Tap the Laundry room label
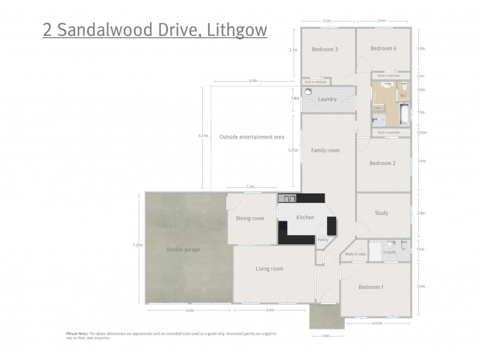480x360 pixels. click(327, 99)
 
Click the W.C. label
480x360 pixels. click(403, 95)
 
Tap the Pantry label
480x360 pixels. click(323, 240)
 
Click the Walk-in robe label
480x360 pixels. click(355, 254)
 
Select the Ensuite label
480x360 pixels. click(389, 252)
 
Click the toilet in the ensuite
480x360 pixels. click(403, 245)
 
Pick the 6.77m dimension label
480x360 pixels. click(203, 136)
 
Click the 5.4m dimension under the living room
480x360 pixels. click(269, 310)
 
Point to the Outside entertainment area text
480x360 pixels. click(251, 137)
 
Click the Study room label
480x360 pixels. click(381, 213)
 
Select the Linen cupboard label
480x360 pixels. click(378, 108)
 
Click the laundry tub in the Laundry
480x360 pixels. click(308, 92)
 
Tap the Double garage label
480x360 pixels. click(183, 250)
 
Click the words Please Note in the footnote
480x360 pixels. click(77, 334)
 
